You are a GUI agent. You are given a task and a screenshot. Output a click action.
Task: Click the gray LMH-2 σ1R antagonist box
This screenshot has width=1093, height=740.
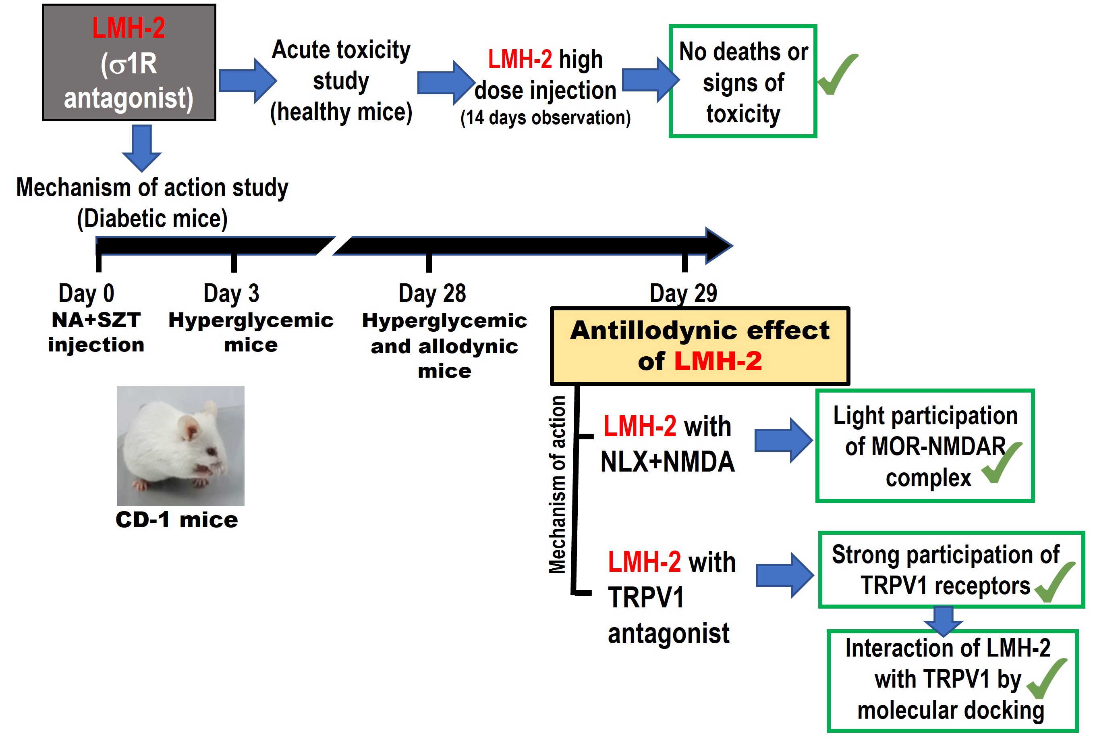click(x=129, y=62)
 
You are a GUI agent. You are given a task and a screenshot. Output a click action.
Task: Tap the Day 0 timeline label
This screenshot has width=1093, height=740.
click(x=86, y=293)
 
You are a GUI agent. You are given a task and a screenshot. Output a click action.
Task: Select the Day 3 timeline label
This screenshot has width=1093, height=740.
click(x=231, y=293)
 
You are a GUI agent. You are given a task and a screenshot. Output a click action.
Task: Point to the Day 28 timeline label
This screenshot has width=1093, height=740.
click(x=432, y=293)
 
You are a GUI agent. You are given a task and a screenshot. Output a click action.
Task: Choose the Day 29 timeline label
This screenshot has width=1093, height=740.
click(x=683, y=293)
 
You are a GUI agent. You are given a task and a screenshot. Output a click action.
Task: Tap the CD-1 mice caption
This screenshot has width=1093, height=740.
click(x=177, y=520)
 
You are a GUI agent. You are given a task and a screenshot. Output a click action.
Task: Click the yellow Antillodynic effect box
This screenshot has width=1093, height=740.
click(x=700, y=346)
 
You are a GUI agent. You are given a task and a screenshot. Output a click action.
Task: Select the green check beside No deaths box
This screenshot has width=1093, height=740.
click(x=838, y=74)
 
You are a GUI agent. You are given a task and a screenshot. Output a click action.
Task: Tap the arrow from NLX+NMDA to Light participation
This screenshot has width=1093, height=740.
click(x=784, y=440)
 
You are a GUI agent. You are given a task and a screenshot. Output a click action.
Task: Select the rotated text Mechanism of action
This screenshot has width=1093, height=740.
click(x=558, y=484)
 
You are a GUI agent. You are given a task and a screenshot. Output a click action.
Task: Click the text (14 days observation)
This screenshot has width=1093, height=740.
click(x=545, y=118)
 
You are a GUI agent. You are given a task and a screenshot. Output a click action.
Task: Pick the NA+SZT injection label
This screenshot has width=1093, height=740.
click(x=96, y=332)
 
